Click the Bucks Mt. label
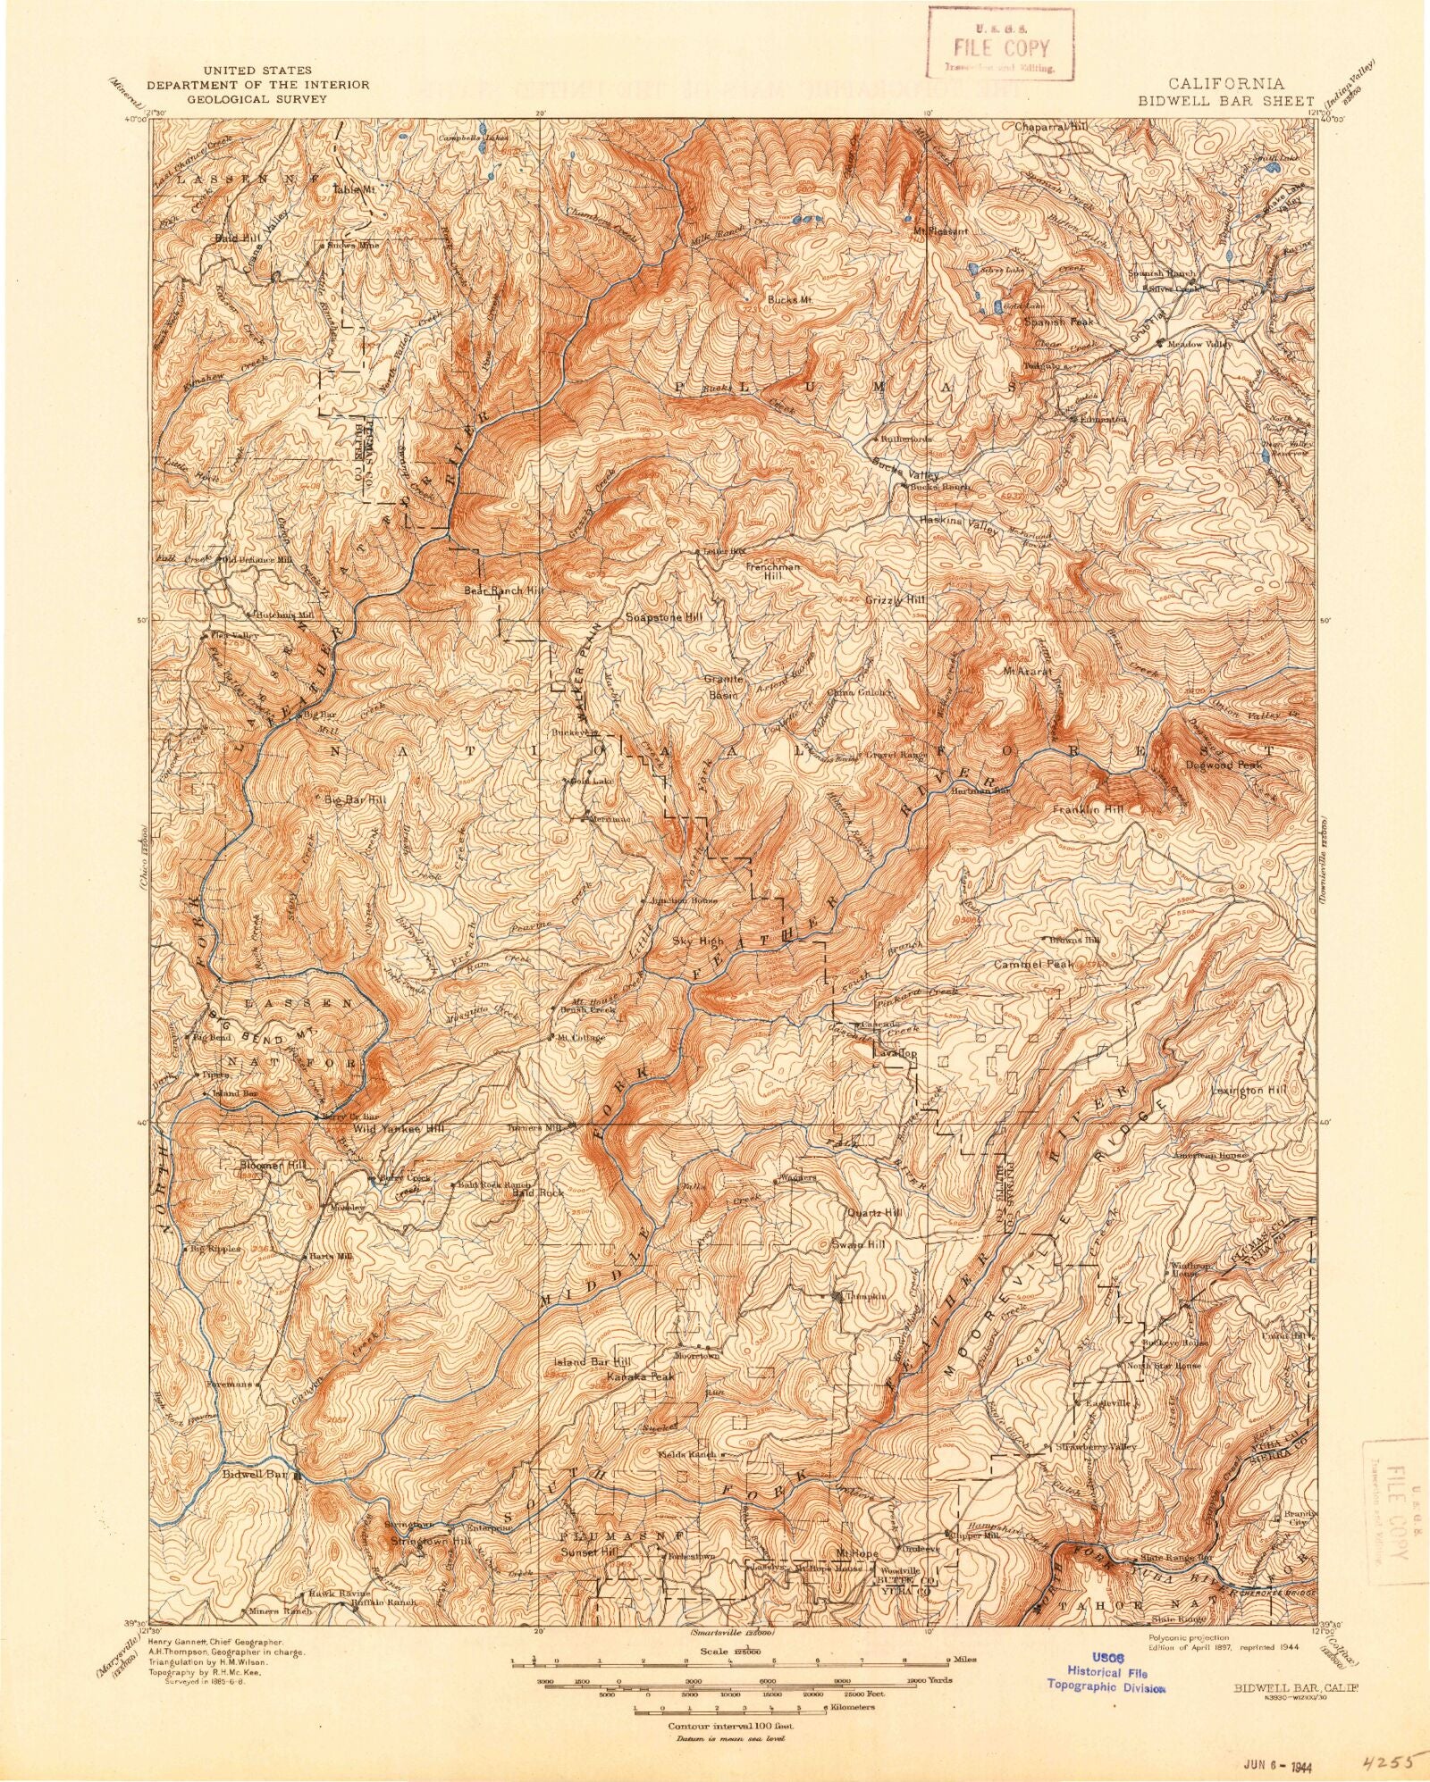pyautogui.click(x=788, y=300)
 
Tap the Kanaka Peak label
pyautogui.click(x=640, y=1376)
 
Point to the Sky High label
pyautogui.click(x=699, y=941)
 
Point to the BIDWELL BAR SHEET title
pyautogui.click(x=1225, y=101)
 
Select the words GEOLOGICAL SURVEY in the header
pyautogui.click(x=257, y=100)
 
